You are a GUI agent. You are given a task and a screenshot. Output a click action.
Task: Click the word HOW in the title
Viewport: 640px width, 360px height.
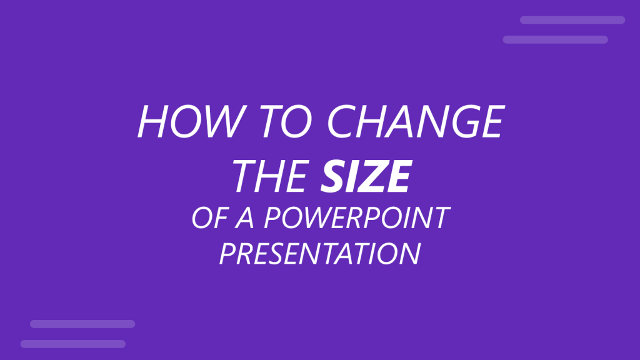point(181,122)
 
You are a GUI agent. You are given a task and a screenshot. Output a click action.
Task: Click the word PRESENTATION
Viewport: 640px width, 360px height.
point(319,254)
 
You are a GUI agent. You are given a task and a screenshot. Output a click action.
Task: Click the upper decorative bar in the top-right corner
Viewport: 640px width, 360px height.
point(572,20)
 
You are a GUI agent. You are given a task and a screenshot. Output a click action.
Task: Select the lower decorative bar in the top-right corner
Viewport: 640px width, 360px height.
point(555,39)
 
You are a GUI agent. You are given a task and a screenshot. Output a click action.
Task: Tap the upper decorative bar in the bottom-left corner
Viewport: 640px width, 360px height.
point(82,324)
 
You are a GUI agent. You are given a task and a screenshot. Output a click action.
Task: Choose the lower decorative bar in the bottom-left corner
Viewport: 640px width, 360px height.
point(72,344)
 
